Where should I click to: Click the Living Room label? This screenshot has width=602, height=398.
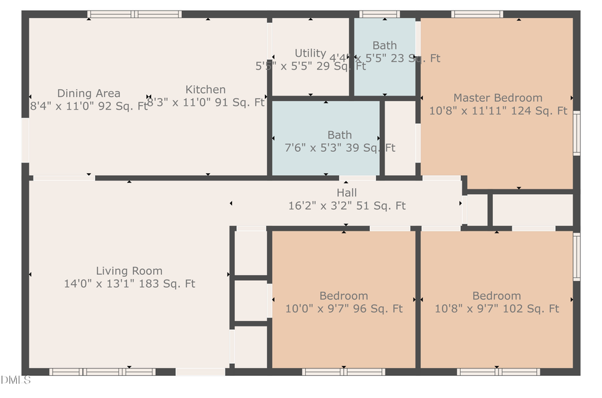pos(129,271)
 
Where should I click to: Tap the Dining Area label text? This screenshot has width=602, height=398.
pos(88,93)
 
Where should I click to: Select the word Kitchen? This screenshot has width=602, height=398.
pos(205,90)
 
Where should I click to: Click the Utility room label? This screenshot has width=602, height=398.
pos(310,54)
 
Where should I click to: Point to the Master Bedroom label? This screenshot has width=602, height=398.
pos(498,98)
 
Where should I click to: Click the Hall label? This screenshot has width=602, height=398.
pos(346,193)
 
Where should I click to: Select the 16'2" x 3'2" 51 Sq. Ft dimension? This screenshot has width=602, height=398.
pos(346,206)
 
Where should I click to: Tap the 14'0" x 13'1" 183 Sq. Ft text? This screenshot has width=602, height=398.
pos(129,284)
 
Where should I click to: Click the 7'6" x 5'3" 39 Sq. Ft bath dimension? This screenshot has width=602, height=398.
pos(340,148)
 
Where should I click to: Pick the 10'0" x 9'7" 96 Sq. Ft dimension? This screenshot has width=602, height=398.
pos(344,308)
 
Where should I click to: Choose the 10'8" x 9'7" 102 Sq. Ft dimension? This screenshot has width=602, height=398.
pos(496,308)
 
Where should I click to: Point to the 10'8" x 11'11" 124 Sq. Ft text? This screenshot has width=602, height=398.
pos(498,111)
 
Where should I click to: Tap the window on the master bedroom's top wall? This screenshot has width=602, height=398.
pos(477,14)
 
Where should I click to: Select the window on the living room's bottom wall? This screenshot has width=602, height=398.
pos(102,371)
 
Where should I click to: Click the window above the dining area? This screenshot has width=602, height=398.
pos(134,14)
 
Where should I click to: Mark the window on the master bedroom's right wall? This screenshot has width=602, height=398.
pos(576,134)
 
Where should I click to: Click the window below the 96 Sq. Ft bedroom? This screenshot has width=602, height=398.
pos(344,371)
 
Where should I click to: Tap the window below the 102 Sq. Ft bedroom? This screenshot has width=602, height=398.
pos(498,371)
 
